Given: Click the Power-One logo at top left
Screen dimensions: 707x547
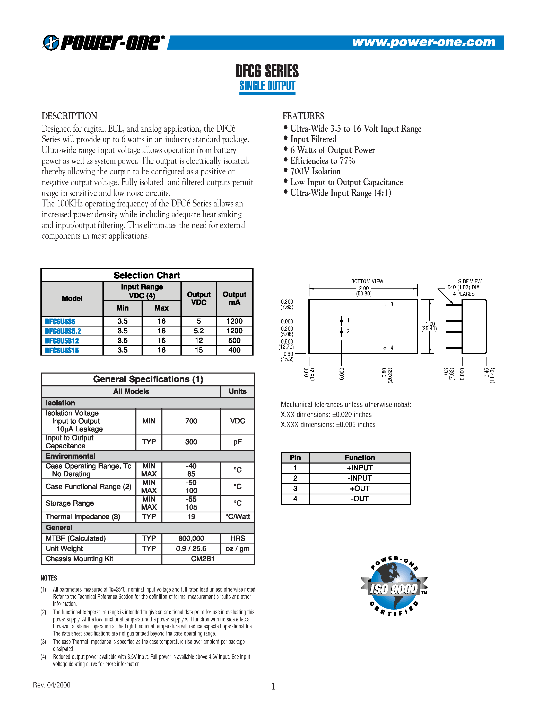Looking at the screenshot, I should point(103,42).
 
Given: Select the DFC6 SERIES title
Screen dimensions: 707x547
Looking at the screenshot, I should point(267,71).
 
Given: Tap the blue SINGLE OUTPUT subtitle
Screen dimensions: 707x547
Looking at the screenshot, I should point(267,86).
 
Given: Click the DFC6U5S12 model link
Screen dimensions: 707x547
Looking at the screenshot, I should point(62,341).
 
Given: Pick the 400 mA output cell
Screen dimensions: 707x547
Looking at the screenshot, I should point(234,350).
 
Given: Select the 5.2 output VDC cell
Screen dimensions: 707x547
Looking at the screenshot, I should point(199,331).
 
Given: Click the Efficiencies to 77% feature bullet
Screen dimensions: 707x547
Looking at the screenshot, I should point(323,161).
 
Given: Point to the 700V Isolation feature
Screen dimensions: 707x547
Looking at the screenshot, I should point(315,171).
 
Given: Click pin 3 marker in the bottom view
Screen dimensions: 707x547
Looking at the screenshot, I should point(385,305).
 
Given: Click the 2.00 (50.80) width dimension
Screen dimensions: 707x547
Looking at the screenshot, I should point(363,291).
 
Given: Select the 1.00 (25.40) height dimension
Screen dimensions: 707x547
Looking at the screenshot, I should point(429,326).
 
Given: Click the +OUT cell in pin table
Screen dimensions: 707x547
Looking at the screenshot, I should point(359,488).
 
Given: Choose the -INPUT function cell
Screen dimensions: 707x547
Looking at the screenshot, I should point(359,478).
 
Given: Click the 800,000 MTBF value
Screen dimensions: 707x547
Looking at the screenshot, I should point(191,538).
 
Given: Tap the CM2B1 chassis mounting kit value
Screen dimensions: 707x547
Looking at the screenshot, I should point(203,559).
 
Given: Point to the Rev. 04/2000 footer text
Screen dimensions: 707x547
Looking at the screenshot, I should point(52,685).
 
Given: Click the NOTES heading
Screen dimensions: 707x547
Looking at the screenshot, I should point(49,578).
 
